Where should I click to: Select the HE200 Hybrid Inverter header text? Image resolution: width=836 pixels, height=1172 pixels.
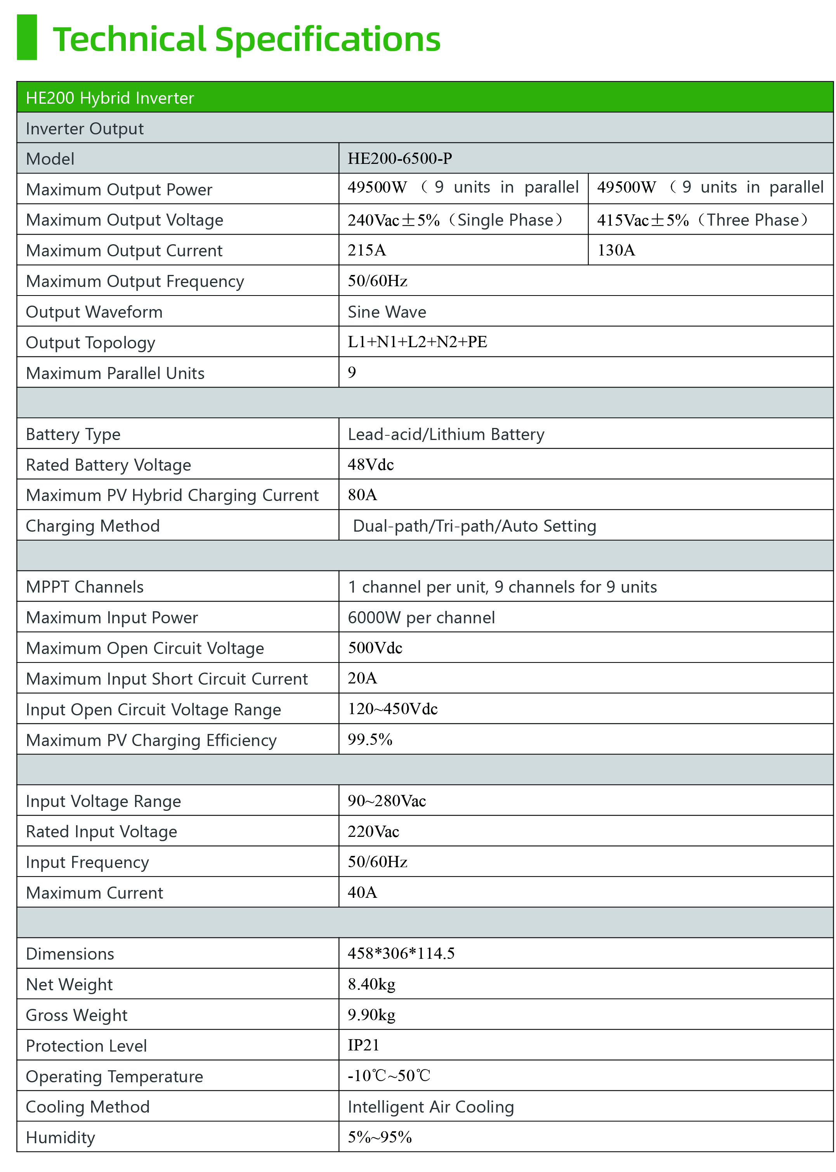point(110,98)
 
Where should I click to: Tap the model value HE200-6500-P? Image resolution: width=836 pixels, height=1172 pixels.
point(399,158)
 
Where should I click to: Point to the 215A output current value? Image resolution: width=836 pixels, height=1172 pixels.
point(366,250)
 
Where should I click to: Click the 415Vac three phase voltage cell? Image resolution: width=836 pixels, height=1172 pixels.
point(702,220)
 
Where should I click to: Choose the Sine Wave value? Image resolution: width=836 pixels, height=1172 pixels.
point(387,312)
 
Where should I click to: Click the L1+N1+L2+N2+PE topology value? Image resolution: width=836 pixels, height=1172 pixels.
point(417,342)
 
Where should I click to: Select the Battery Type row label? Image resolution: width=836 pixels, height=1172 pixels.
point(73,435)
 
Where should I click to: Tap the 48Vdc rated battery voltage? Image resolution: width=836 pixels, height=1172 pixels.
point(371,465)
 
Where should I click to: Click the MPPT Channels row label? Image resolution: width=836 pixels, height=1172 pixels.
point(85,587)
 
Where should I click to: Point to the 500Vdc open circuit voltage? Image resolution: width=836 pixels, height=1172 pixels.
point(375,648)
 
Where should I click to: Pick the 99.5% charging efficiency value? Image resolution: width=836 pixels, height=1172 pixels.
point(369,740)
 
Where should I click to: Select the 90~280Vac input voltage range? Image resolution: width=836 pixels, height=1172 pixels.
point(387,801)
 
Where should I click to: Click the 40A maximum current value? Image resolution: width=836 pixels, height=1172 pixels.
point(362,893)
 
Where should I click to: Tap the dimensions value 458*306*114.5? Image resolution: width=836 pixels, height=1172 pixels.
point(401,954)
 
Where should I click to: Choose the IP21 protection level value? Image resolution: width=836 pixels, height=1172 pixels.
point(363,1046)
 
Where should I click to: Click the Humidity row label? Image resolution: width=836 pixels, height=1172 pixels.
point(61,1137)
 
